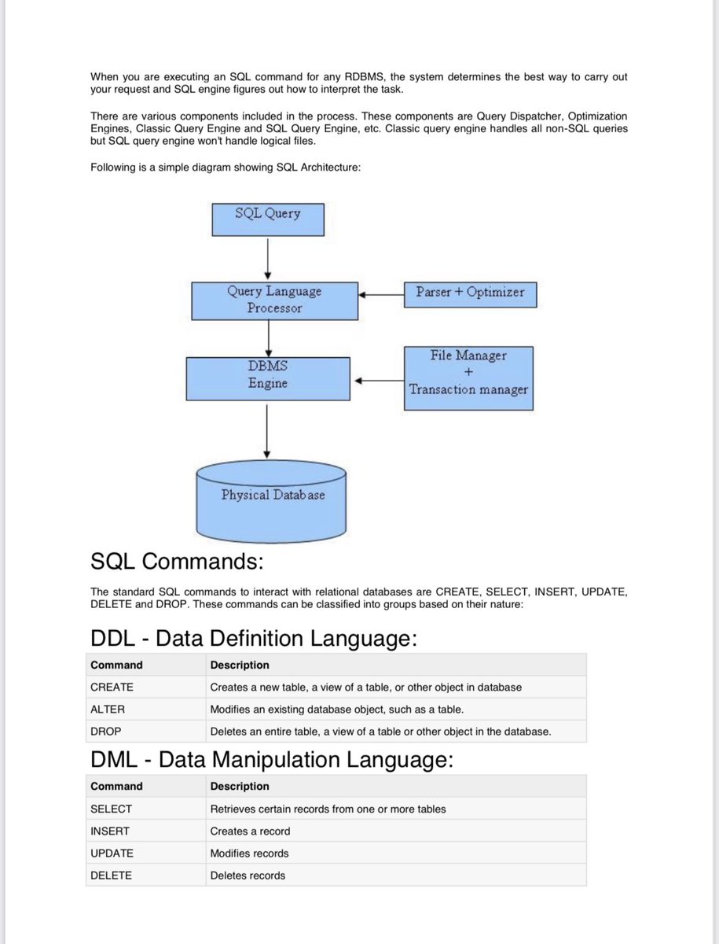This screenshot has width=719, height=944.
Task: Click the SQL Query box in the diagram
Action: pos(268,219)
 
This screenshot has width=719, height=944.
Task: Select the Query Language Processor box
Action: pos(274,301)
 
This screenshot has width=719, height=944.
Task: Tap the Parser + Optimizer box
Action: pos(470,293)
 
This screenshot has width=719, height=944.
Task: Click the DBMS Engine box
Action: pos(268,378)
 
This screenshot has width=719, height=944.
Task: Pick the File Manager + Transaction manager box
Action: pos(468,378)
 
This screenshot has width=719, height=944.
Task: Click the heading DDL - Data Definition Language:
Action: pos(253,638)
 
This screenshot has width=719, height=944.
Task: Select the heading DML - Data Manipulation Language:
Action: pos(272,760)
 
